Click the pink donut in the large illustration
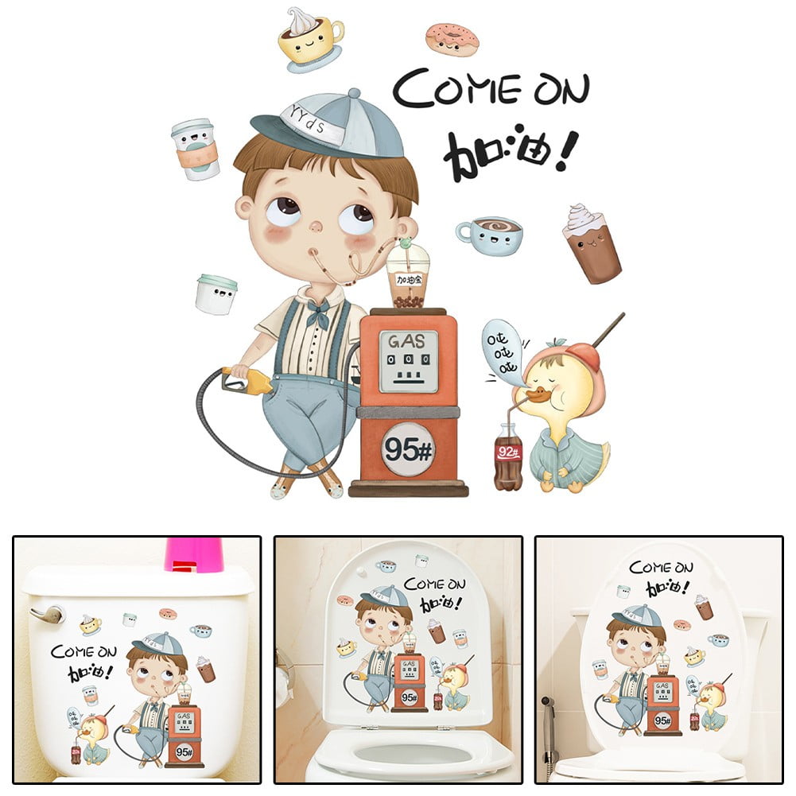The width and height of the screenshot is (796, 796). tap(451, 38)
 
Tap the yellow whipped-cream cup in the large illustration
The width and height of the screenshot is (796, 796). tap(311, 38)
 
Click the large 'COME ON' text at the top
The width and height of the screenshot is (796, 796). tap(491, 88)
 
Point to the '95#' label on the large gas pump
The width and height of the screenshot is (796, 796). tap(408, 449)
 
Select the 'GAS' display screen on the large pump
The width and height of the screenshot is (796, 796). tap(408, 360)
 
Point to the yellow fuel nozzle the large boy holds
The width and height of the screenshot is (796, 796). tap(249, 379)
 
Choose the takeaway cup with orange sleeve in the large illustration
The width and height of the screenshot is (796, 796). tap(196, 149)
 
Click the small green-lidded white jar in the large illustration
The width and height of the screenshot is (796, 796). tap(216, 294)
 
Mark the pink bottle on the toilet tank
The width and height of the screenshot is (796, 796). tap(194, 554)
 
